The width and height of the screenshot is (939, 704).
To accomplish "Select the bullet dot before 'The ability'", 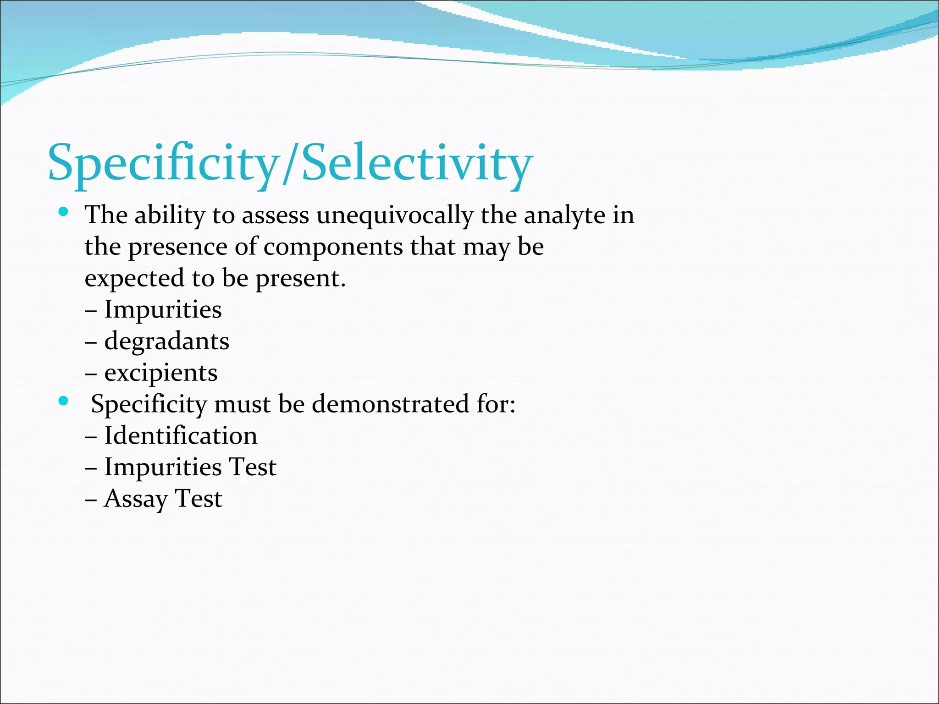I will point(64,212).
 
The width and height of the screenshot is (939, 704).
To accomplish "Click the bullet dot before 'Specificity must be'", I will point(64,401).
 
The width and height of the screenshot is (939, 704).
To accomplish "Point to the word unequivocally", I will point(395,215).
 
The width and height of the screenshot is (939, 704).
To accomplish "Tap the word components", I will point(333,247).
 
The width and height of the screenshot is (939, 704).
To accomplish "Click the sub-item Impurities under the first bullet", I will point(163,309).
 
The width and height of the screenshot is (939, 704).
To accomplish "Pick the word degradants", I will point(166,341).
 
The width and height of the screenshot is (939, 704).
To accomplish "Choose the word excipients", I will point(160,373).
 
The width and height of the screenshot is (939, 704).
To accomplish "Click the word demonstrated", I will point(391,404).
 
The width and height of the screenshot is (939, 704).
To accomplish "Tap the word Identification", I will point(181,435).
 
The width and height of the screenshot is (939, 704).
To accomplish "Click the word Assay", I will point(136,499).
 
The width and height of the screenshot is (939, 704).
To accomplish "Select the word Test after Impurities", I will point(252,467).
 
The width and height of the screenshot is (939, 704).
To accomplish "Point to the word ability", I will point(170,215).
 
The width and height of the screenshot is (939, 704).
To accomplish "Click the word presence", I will point(177,247).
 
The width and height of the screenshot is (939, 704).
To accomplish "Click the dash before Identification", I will point(91,436).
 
